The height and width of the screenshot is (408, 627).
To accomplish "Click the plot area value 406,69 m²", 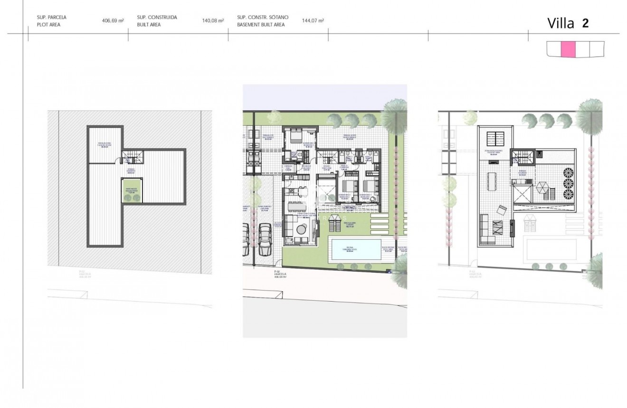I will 113,21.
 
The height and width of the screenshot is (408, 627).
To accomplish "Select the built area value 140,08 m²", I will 213,21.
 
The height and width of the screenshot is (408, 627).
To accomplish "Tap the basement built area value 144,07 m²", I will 313,21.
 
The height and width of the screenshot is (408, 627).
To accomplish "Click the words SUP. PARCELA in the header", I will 52,17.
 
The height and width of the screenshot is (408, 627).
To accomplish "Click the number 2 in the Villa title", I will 585,23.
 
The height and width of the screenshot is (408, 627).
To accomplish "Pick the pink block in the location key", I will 568,49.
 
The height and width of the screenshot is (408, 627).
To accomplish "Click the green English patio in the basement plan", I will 132,190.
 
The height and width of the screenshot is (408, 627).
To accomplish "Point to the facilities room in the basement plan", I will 104,145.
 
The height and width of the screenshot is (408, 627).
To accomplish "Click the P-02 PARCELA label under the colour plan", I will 272,275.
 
